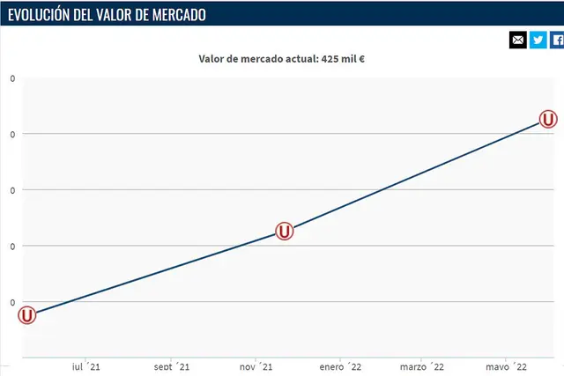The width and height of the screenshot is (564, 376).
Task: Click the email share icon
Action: click(518, 40)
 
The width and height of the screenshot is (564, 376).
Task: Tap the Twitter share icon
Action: click(538, 40)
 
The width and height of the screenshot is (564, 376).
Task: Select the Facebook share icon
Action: click(558, 40)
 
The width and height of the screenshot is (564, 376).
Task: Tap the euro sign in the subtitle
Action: click(361, 60)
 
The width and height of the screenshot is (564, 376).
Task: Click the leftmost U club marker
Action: click(27, 314)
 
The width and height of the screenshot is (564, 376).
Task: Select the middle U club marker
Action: click(284, 231)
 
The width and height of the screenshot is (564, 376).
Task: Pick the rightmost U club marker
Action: click(548, 120)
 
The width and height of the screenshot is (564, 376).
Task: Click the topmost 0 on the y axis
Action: click(12, 78)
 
